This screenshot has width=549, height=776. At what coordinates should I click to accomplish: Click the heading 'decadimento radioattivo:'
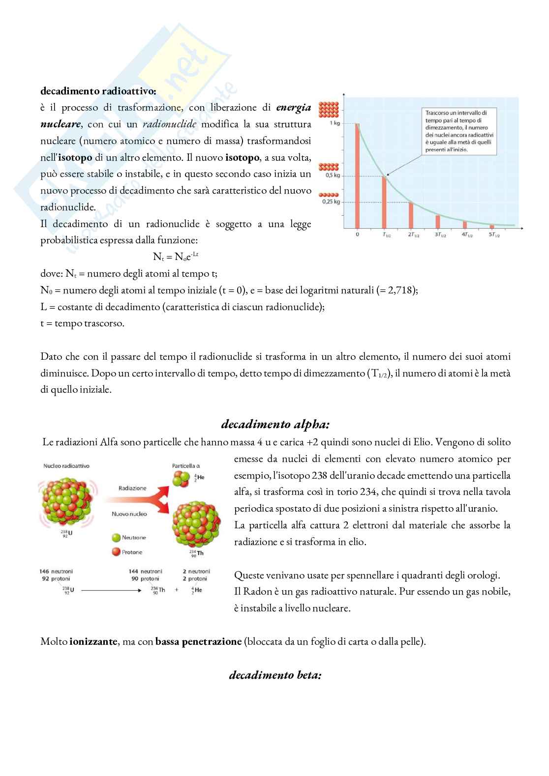point(98,91)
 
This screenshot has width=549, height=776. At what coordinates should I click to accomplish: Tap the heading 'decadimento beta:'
point(275,675)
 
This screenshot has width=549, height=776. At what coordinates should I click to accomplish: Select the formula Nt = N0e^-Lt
point(176,257)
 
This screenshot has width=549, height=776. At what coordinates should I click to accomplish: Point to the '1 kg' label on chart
point(335,123)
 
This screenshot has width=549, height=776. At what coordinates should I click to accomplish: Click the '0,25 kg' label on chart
point(331,201)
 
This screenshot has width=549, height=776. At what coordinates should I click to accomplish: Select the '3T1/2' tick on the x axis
point(440,235)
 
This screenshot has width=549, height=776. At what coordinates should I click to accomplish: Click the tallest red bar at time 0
point(358,175)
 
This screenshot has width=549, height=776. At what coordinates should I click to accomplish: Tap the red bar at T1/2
point(385,201)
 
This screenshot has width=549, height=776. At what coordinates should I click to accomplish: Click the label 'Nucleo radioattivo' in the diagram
point(67,466)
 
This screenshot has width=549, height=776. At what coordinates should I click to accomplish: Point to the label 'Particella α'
point(185,466)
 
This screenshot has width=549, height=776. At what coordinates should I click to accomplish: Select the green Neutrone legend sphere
point(116,538)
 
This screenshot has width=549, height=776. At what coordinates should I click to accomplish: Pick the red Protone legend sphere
point(116,552)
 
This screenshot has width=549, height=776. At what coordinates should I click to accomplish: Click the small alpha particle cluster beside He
point(180,479)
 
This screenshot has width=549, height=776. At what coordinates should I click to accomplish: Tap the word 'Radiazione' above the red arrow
point(132,488)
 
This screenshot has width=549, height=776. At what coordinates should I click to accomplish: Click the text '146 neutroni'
point(56,572)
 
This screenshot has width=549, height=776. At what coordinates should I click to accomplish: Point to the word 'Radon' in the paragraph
point(258,591)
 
